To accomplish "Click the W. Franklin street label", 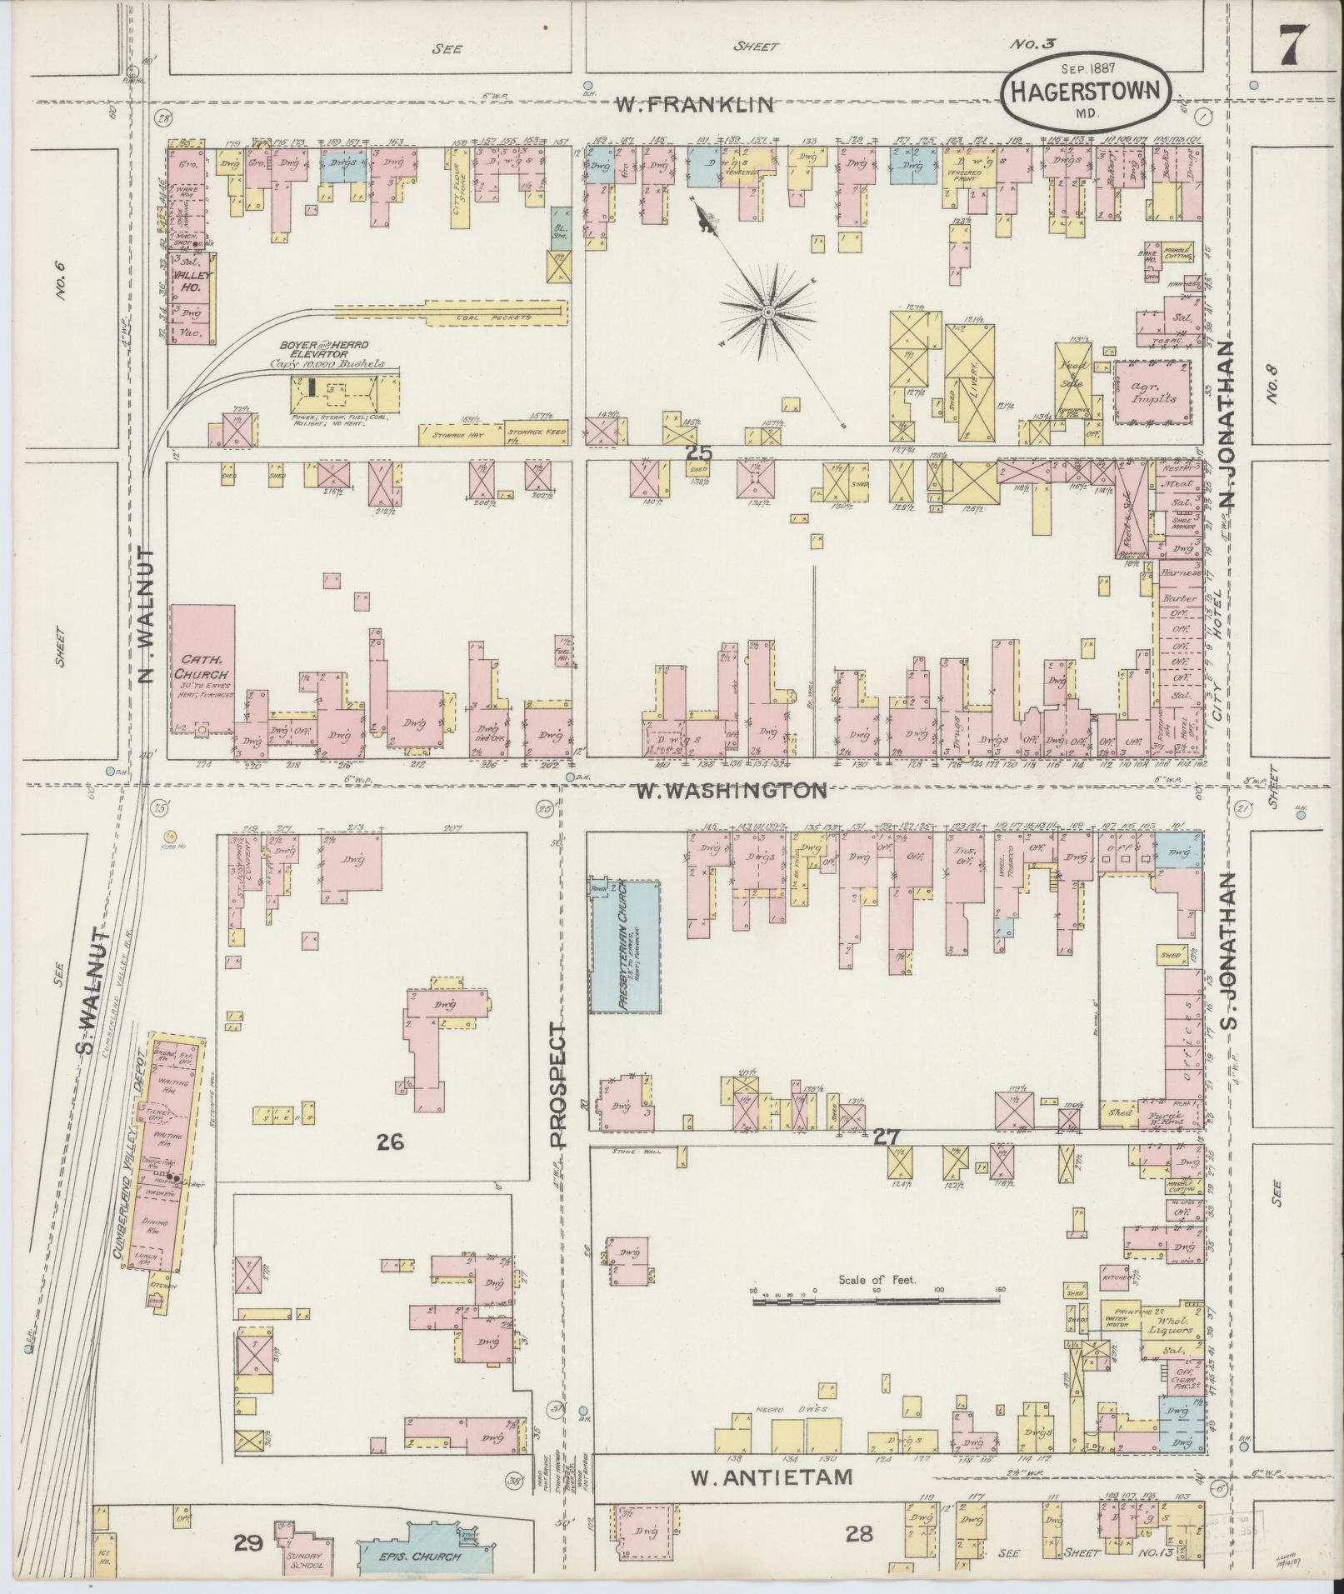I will click(695, 105).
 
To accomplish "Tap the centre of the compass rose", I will click(767, 312).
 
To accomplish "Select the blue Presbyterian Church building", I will click(625, 947).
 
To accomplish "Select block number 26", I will click(390, 1142).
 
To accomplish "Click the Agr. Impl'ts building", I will click(1152, 392).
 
